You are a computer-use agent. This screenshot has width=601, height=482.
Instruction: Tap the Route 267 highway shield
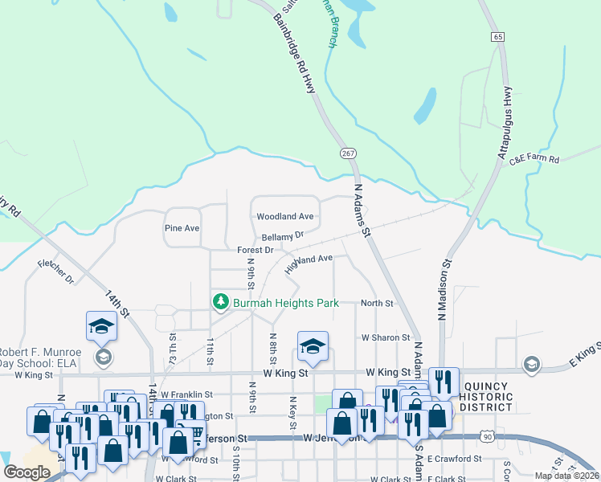pyautogui.click(x=348, y=153)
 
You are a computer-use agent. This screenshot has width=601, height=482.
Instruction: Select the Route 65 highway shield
pyautogui.click(x=499, y=37)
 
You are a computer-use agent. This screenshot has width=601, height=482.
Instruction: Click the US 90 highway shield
pyautogui.click(x=487, y=435)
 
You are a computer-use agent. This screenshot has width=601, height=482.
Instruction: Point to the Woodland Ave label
pyautogui.click(x=284, y=217)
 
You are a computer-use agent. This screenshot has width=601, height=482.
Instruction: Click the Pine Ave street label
pyautogui.click(x=182, y=228)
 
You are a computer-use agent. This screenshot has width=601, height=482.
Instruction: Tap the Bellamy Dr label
pyautogui.click(x=283, y=236)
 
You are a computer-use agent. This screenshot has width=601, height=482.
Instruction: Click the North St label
pyautogui.click(x=377, y=304)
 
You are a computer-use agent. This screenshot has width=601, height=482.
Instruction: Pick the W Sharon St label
pyautogui.click(x=386, y=338)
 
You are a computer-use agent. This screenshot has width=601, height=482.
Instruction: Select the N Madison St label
pyautogui.click(x=443, y=289)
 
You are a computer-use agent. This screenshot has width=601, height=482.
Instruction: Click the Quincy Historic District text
pyautogui.click(x=488, y=397)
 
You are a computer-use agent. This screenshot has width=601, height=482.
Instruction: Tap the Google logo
pyautogui.click(x=27, y=472)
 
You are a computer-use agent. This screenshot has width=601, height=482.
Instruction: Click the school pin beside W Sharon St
pyautogui.click(x=313, y=345)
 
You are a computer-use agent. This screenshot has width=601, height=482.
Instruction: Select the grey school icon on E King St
pyautogui.click(x=531, y=366)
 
